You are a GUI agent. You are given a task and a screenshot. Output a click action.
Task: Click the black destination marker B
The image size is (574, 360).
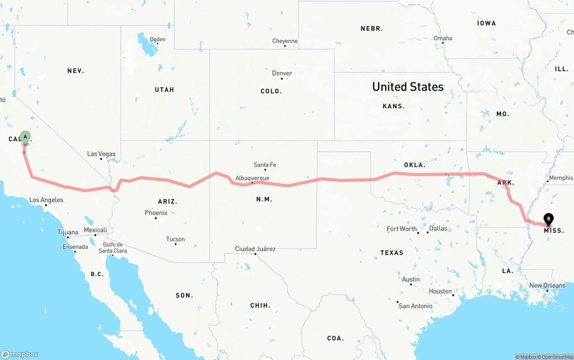548,219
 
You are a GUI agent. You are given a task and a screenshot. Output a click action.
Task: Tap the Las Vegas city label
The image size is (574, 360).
101,154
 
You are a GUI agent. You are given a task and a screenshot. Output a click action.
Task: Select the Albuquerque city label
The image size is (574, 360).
252,178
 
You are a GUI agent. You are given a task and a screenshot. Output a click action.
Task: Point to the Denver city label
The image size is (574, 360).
282,73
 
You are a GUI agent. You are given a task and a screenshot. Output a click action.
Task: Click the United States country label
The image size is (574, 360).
408,87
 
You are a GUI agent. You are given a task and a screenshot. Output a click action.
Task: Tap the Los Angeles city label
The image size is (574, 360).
46,200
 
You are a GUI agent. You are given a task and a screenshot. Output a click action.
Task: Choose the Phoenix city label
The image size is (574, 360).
156,213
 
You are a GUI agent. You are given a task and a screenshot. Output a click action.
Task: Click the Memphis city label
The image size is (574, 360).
561,178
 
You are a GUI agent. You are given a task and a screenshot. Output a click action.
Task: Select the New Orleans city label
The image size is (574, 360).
547,286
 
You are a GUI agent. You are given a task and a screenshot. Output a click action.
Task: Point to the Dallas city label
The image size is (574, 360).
438,228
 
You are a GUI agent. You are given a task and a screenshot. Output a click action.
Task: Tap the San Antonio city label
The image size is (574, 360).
415,306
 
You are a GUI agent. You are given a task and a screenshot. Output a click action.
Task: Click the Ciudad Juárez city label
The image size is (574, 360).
255,249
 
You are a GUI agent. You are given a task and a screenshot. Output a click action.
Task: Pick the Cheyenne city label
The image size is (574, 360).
285,41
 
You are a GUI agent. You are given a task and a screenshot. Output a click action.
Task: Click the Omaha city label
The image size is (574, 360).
443,38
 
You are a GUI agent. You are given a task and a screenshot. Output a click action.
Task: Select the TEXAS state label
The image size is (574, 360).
391,253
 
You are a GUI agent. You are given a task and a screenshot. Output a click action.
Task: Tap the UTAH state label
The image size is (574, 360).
164,90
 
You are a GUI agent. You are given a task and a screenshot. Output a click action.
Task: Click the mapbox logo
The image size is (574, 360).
20,354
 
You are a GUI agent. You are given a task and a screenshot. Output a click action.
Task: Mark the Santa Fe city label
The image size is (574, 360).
265,165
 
